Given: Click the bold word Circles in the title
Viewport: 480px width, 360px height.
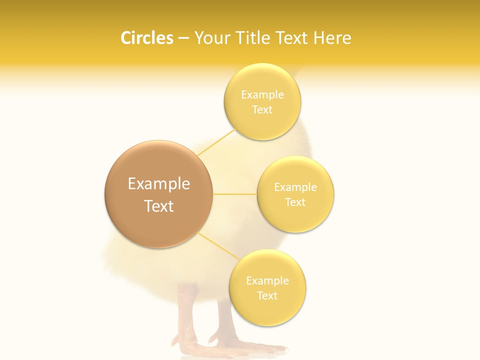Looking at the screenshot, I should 146,38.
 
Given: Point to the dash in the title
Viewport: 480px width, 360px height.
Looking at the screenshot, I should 183,38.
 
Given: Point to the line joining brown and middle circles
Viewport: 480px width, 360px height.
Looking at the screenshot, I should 234,193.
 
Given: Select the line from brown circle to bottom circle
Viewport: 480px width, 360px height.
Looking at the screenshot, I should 215,245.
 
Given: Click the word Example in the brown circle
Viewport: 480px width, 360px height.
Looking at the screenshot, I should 159,184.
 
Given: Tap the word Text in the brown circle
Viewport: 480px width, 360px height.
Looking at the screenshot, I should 159,206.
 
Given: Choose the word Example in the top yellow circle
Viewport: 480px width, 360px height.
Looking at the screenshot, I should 262,95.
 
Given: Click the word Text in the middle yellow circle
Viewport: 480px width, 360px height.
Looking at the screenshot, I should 295,202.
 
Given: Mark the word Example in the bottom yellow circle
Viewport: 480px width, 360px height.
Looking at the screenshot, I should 267,280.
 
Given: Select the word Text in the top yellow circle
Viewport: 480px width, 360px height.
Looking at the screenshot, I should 262,110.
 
